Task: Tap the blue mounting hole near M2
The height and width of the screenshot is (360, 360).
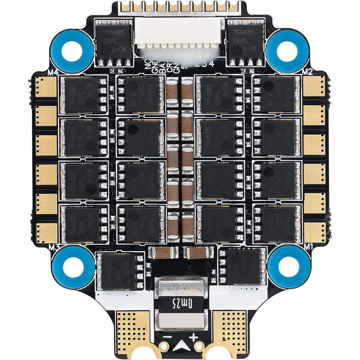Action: click(285, 47)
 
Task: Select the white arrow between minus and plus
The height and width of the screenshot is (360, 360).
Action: click(180, 346)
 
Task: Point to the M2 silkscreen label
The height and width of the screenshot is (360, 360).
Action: click(307, 72)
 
